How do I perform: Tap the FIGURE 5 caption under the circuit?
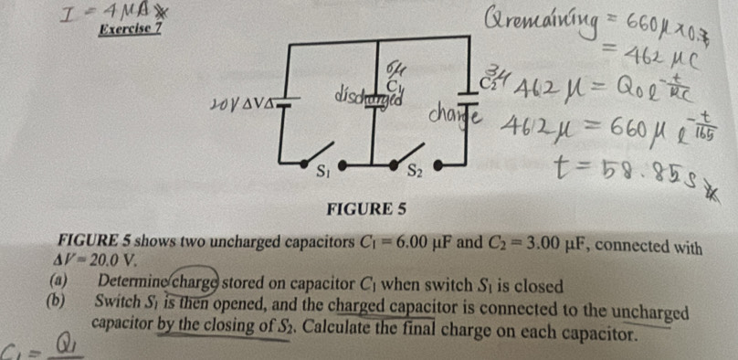click(372, 211)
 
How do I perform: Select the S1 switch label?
click(321, 169)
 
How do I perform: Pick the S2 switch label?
click(414, 169)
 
